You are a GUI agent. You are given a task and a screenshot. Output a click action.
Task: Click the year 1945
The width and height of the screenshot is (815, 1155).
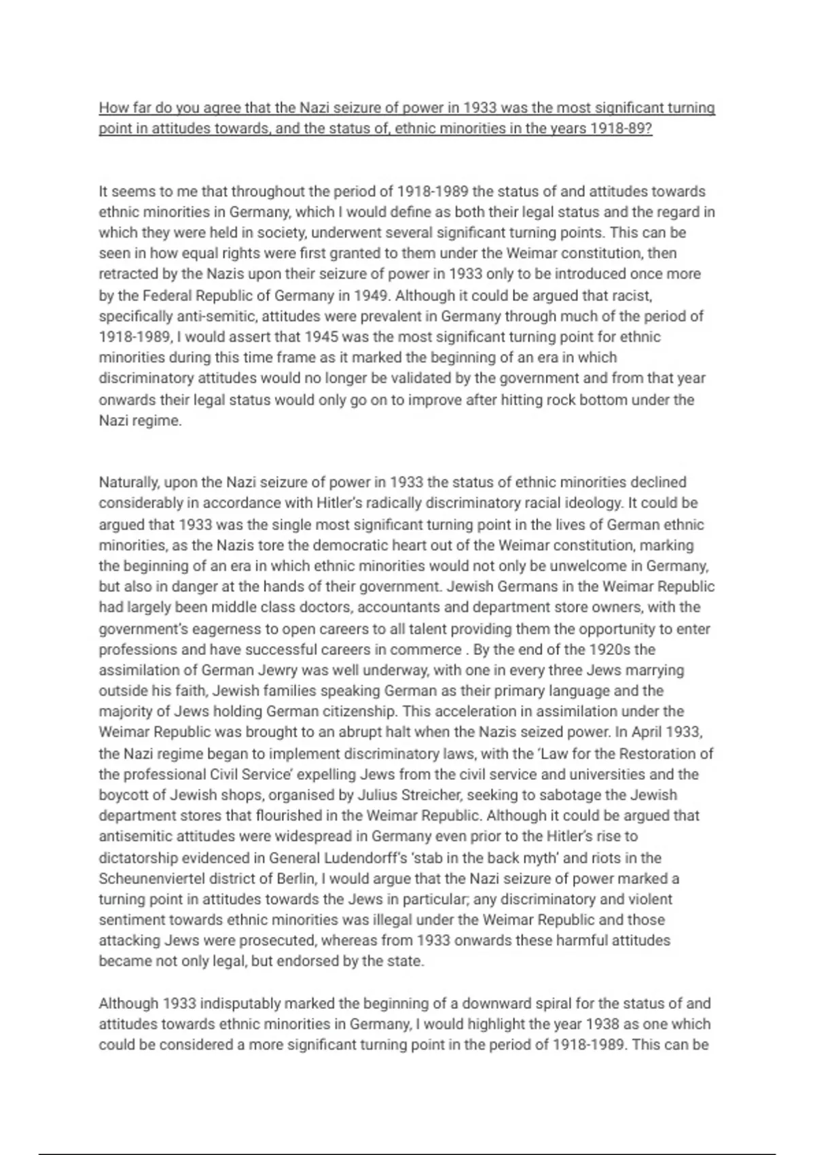click(321, 337)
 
